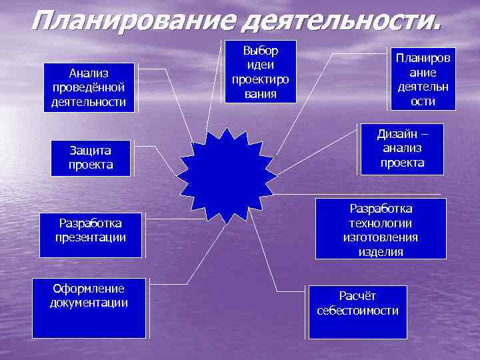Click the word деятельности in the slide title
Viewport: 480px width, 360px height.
[x=341, y=23]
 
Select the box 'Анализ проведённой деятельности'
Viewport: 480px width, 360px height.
[x=89, y=87]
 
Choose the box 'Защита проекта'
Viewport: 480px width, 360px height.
[x=91, y=158]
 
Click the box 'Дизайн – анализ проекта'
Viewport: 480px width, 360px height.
[x=402, y=149]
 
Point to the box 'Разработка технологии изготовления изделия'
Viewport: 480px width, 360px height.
[x=380, y=229]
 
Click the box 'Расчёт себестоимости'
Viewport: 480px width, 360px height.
[x=357, y=311]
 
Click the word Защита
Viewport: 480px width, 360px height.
[x=91, y=151]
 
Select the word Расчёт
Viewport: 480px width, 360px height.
[x=357, y=295]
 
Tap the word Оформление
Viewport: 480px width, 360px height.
[x=89, y=288]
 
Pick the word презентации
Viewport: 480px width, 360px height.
[x=91, y=237]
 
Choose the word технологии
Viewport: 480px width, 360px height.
[x=380, y=223]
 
